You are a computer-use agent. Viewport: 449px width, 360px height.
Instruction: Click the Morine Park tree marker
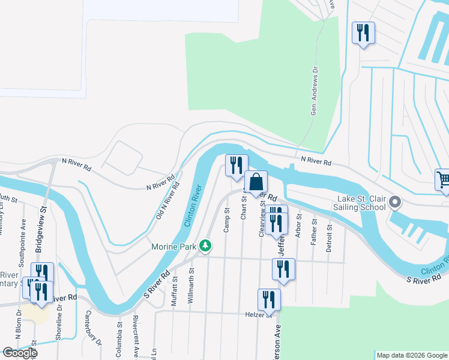[x=205, y=246]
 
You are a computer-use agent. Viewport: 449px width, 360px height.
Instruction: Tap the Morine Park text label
[x=174, y=247]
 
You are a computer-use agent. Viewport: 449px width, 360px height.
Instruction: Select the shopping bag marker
[x=256, y=182]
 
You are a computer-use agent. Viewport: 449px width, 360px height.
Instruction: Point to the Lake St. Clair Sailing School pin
[x=395, y=202]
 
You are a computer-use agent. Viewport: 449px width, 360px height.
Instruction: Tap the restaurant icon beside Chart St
[x=237, y=164]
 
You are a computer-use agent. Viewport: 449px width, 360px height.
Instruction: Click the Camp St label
[x=227, y=220]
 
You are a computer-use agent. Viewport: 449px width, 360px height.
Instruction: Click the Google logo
[x=20, y=353]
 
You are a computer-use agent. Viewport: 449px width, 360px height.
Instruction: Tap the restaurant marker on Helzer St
[x=269, y=299]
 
